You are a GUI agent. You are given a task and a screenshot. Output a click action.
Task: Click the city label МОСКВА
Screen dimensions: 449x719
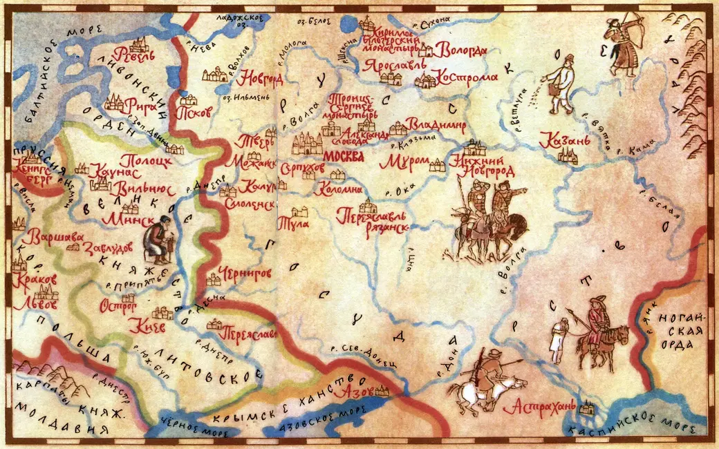[x=344, y=155]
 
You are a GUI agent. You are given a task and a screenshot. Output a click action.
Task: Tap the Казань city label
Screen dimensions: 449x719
[x=565, y=140]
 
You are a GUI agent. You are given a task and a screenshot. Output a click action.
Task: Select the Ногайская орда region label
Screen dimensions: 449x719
[x=681, y=332]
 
